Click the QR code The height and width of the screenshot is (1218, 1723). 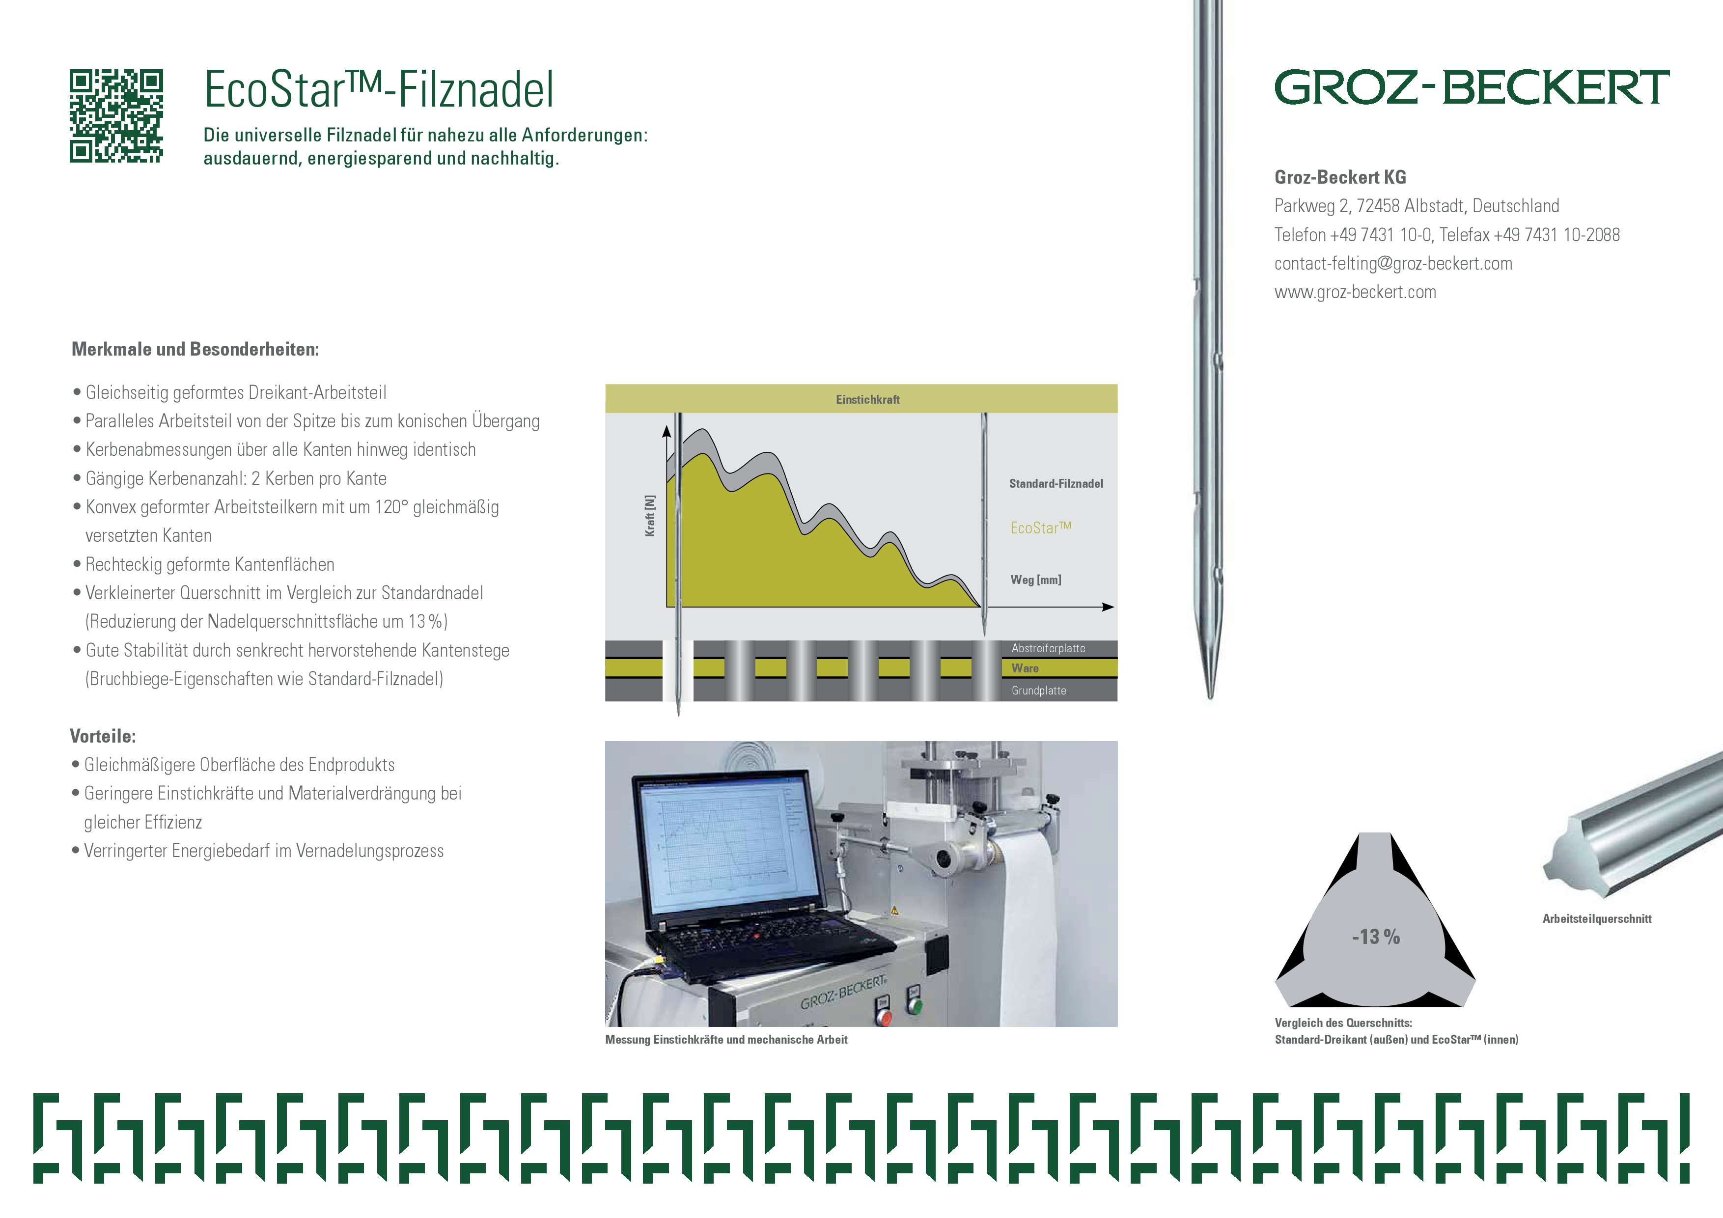point(116,116)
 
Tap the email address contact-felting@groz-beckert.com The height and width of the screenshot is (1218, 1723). point(1393,263)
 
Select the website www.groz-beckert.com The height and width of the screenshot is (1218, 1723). point(1355,292)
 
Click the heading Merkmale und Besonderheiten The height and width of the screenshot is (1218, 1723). point(195,349)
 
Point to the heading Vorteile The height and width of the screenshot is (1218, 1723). point(103,736)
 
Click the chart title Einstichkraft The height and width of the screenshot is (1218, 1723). point(867,400)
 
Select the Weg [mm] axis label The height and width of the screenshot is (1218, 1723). point(1035,580)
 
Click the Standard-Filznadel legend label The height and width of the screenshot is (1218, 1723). point(1056,483)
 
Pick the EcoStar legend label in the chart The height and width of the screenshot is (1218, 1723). point(1041,527)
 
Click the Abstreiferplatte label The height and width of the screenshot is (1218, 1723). point(1048,648)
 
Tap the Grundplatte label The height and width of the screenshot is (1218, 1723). point(1039,691)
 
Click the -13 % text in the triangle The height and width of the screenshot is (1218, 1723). point(1376,937)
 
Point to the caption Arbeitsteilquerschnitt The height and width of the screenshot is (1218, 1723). point(1597,918)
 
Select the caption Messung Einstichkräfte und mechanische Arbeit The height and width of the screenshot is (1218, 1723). point(726,1039)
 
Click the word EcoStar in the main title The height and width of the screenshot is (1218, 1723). point(275,89)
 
